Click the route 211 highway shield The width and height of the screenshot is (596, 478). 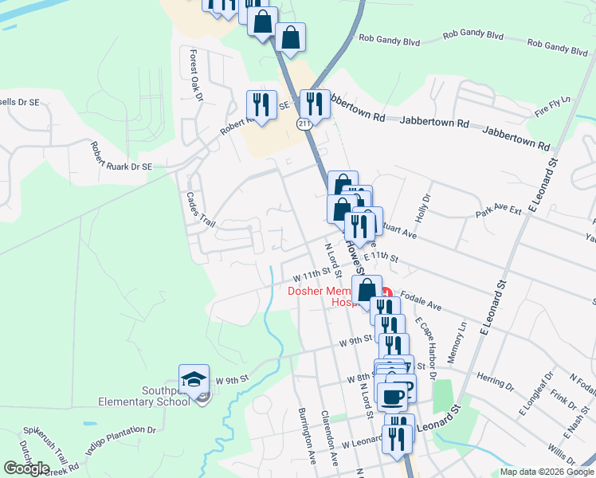click(x=304, y=123)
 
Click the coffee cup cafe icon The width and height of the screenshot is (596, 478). click(x=392, y=396)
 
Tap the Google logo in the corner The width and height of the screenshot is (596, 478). click(x=27, y=468)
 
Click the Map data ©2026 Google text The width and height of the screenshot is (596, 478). click(x=547, y=472)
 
